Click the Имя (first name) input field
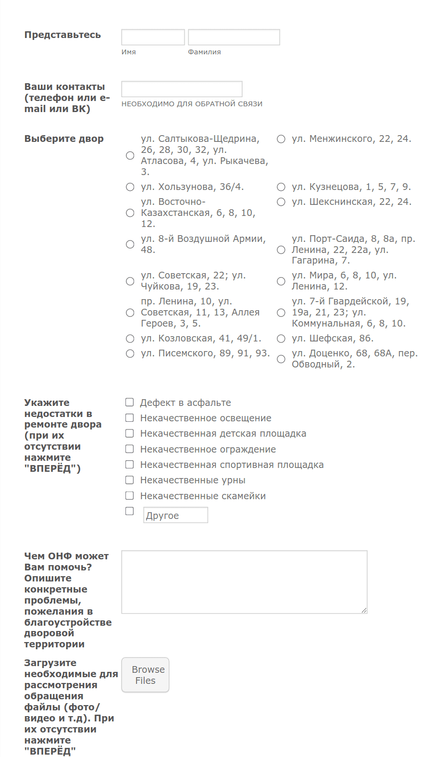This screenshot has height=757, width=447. coord(153,37)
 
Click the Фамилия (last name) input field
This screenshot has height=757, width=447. coord(234,37)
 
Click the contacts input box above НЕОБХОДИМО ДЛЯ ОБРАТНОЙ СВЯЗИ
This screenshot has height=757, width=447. coord(182,89)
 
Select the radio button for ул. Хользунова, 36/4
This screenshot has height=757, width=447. coord(130,187)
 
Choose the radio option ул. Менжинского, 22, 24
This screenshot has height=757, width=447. coord(281,139)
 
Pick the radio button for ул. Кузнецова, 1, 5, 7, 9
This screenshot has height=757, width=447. coord(281,187)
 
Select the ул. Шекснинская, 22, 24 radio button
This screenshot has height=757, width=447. coord(281,202)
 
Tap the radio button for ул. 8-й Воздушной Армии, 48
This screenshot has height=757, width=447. coord(130,244)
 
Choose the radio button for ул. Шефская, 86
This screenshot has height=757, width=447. coord(281,339)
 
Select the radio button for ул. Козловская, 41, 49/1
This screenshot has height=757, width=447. coord(130,339)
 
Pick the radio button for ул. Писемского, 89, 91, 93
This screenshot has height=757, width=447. coord(130,353)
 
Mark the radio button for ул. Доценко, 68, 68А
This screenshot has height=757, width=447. coord(281,359)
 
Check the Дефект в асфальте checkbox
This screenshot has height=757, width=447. coord(129,402)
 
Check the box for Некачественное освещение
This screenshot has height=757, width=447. coord(129,417)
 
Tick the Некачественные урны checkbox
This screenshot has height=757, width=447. coord(129,479)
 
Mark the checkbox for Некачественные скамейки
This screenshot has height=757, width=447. coord(129,495)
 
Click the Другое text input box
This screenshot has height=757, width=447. coord(175,515)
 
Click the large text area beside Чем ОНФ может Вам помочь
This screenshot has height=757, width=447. coord(244,582)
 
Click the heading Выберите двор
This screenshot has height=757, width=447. coord(64,139)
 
